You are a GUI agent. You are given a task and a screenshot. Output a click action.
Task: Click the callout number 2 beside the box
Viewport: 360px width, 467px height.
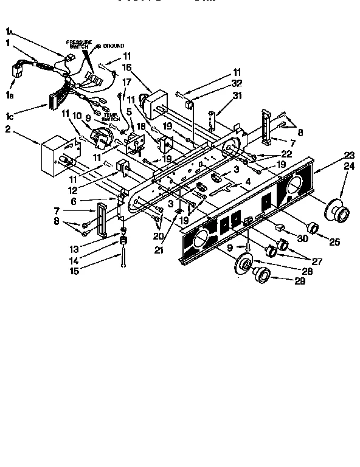pyautogui.click(x=9, y=129)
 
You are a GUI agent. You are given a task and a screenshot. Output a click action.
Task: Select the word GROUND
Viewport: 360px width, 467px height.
pyautogui.click(x=114, y=46)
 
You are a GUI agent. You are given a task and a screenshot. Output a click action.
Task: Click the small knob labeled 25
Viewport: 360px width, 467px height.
pyautogui.click(x=313, y=228)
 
